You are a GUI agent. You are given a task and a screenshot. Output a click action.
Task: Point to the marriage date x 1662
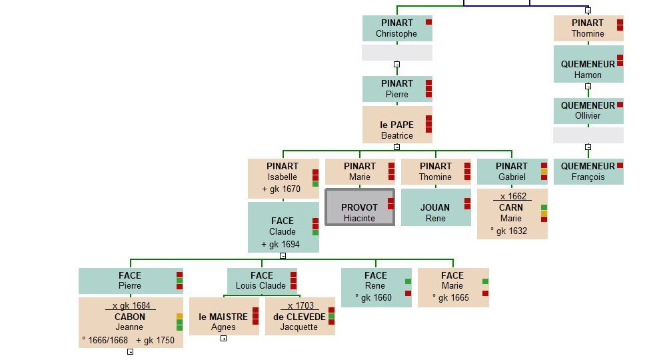coord(512,197)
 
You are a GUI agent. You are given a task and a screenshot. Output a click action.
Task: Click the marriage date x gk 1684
coord(131,306)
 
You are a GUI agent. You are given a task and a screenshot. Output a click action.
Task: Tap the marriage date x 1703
coord(300,306)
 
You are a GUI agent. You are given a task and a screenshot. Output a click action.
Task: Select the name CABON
coord(129,317)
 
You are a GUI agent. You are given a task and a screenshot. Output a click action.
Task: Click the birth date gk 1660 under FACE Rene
coord(373,297)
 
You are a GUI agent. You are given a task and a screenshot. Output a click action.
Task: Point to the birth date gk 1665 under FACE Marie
coord(450,297)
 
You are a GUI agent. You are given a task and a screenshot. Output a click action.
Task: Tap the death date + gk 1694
coord(281,244)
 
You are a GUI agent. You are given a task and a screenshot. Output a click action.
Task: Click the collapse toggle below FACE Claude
coord(283,255)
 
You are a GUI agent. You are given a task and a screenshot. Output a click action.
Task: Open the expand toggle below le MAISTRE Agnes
coord(223,339)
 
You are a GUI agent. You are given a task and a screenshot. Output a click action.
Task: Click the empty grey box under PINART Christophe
coord(396,53)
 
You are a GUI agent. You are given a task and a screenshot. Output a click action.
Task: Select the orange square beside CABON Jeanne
coord(179,316)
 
